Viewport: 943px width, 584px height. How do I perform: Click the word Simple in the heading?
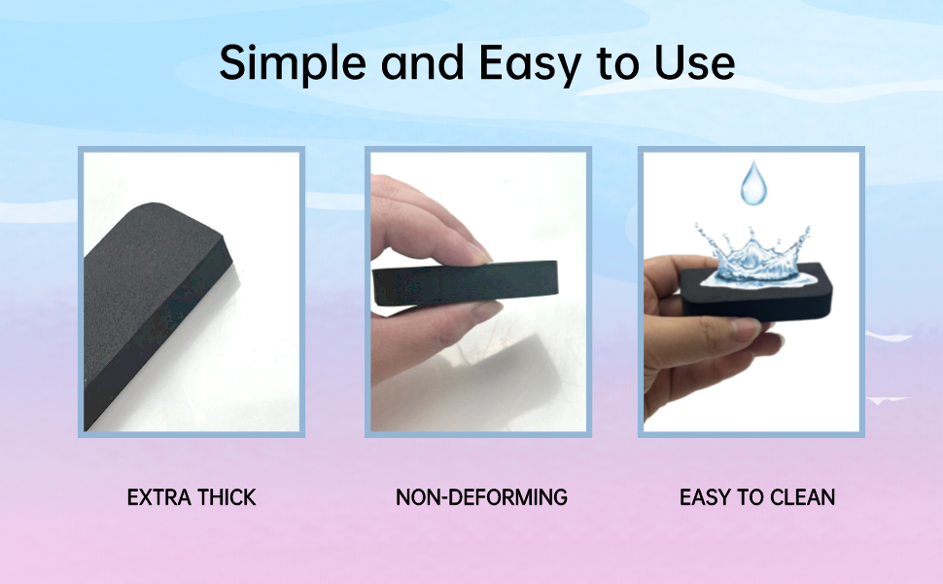pos(293,62)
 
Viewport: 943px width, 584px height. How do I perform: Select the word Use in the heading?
pos(695,62)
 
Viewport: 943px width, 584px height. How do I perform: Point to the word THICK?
pos(227,497)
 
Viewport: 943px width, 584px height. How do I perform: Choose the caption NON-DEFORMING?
pos(481,497)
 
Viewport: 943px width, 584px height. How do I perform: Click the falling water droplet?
pos(753,182)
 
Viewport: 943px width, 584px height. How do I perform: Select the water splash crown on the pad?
pos(755,257)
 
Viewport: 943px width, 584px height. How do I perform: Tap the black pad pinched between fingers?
pos(466,283)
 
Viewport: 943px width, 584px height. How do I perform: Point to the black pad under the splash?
pos(756,292)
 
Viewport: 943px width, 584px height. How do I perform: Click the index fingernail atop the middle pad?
pos(481,254)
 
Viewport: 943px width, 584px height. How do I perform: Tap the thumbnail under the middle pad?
pos(486,310)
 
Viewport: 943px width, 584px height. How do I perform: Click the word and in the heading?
pos(422,62)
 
